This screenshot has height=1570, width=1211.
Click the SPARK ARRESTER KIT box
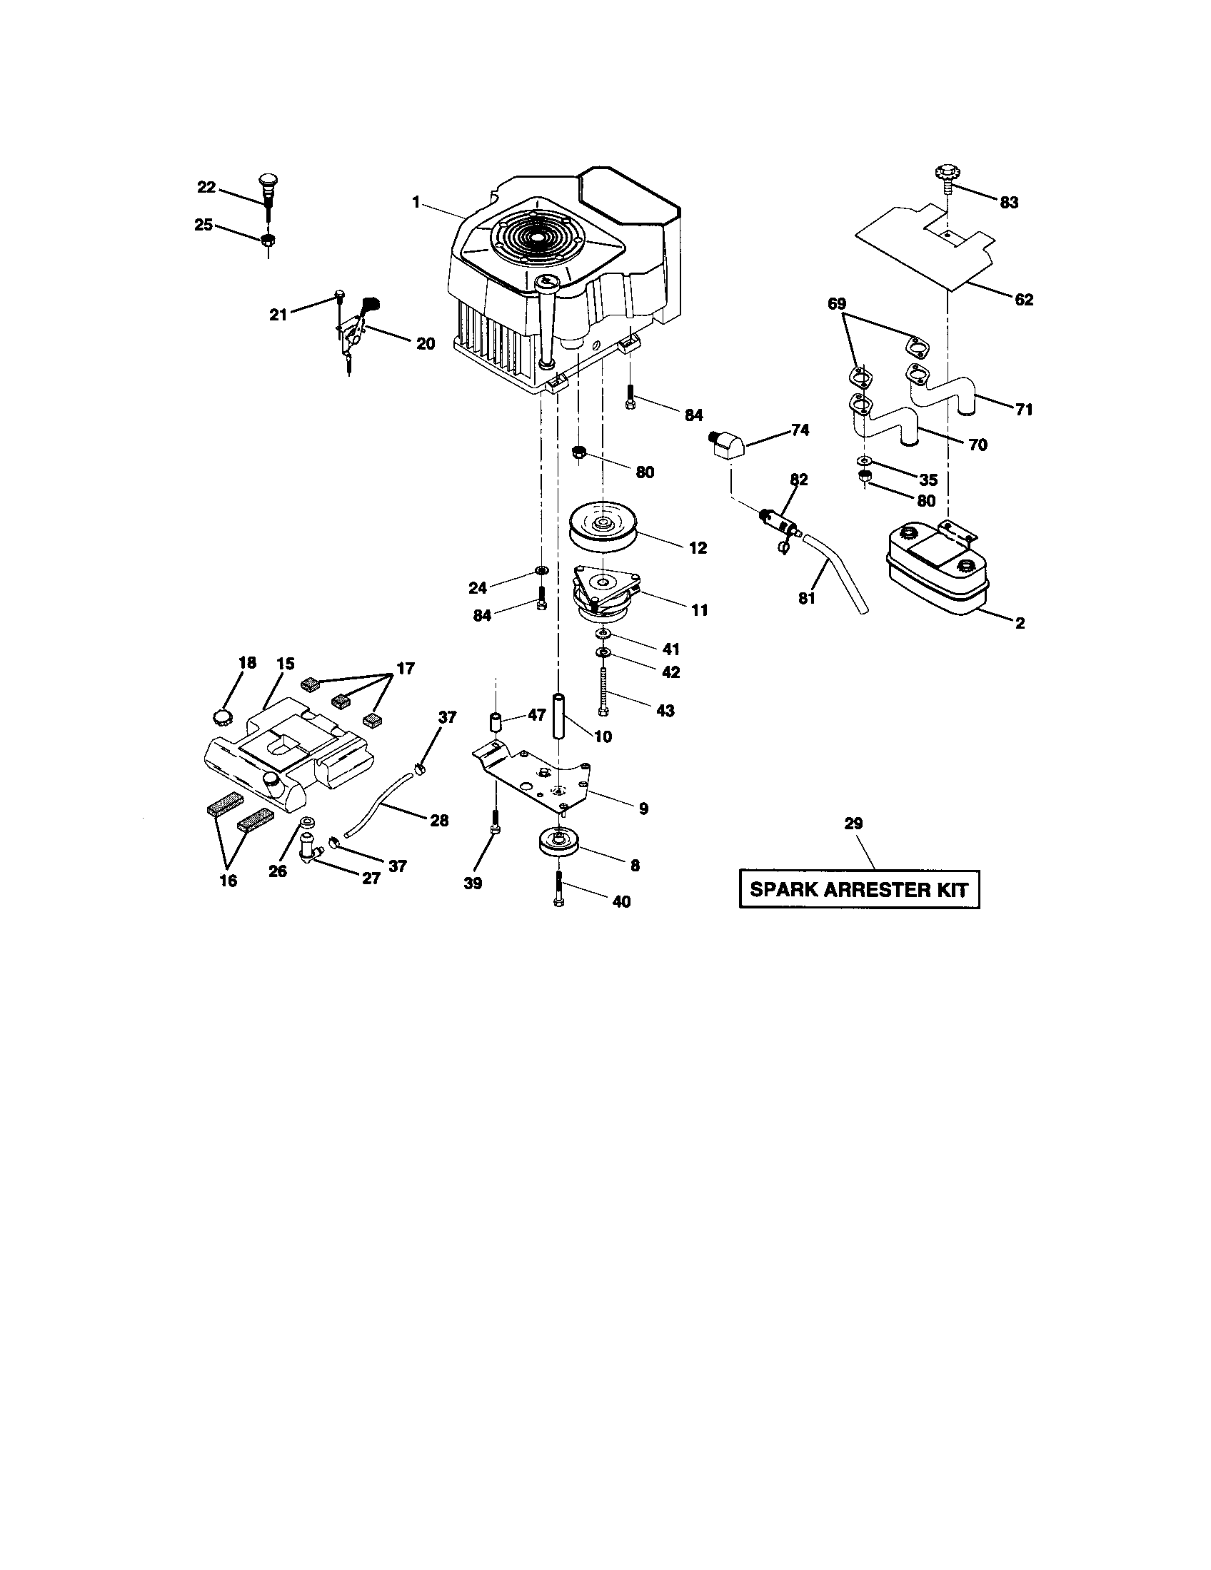pos(860,889)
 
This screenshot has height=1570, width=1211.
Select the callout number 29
pos(853,824)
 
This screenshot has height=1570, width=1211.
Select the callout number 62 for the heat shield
pos(1023,300)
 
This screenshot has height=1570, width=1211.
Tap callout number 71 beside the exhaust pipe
pos(1023,410)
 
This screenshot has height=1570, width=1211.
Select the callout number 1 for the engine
pos(416,202)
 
